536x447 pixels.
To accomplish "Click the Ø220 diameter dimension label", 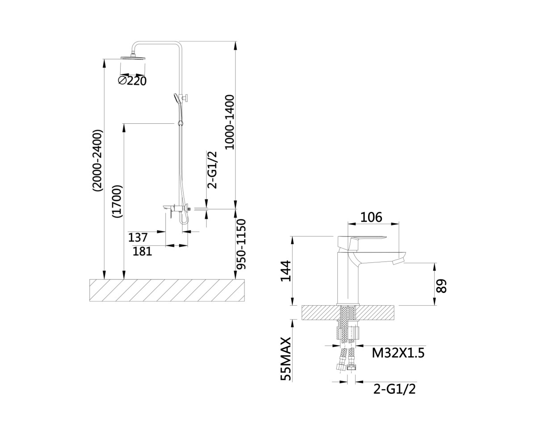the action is pyautogui.click(x=132, y=80).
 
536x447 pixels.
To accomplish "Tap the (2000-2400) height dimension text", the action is pyautogui.click(x=98, y=160).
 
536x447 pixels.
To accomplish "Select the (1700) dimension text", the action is pyautogui.click(x=118, y=202).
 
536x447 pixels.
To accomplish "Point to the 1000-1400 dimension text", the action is pyautogui.click(x=230, y=122).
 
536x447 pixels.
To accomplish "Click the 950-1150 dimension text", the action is pyautogui.click(x=241, y=244).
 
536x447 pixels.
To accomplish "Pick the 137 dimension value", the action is pyautogui.click(x=138, y=237).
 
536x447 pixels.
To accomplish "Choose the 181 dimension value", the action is pyautogui.click(x=142, y=251).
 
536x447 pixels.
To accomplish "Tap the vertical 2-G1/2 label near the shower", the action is pyautogui.click(x=212, y=170).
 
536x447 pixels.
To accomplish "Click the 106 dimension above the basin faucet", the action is pyautogui.click(x=371, y=217).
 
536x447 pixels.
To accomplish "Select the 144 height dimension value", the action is pyautogui.click(x=286, y=271).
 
